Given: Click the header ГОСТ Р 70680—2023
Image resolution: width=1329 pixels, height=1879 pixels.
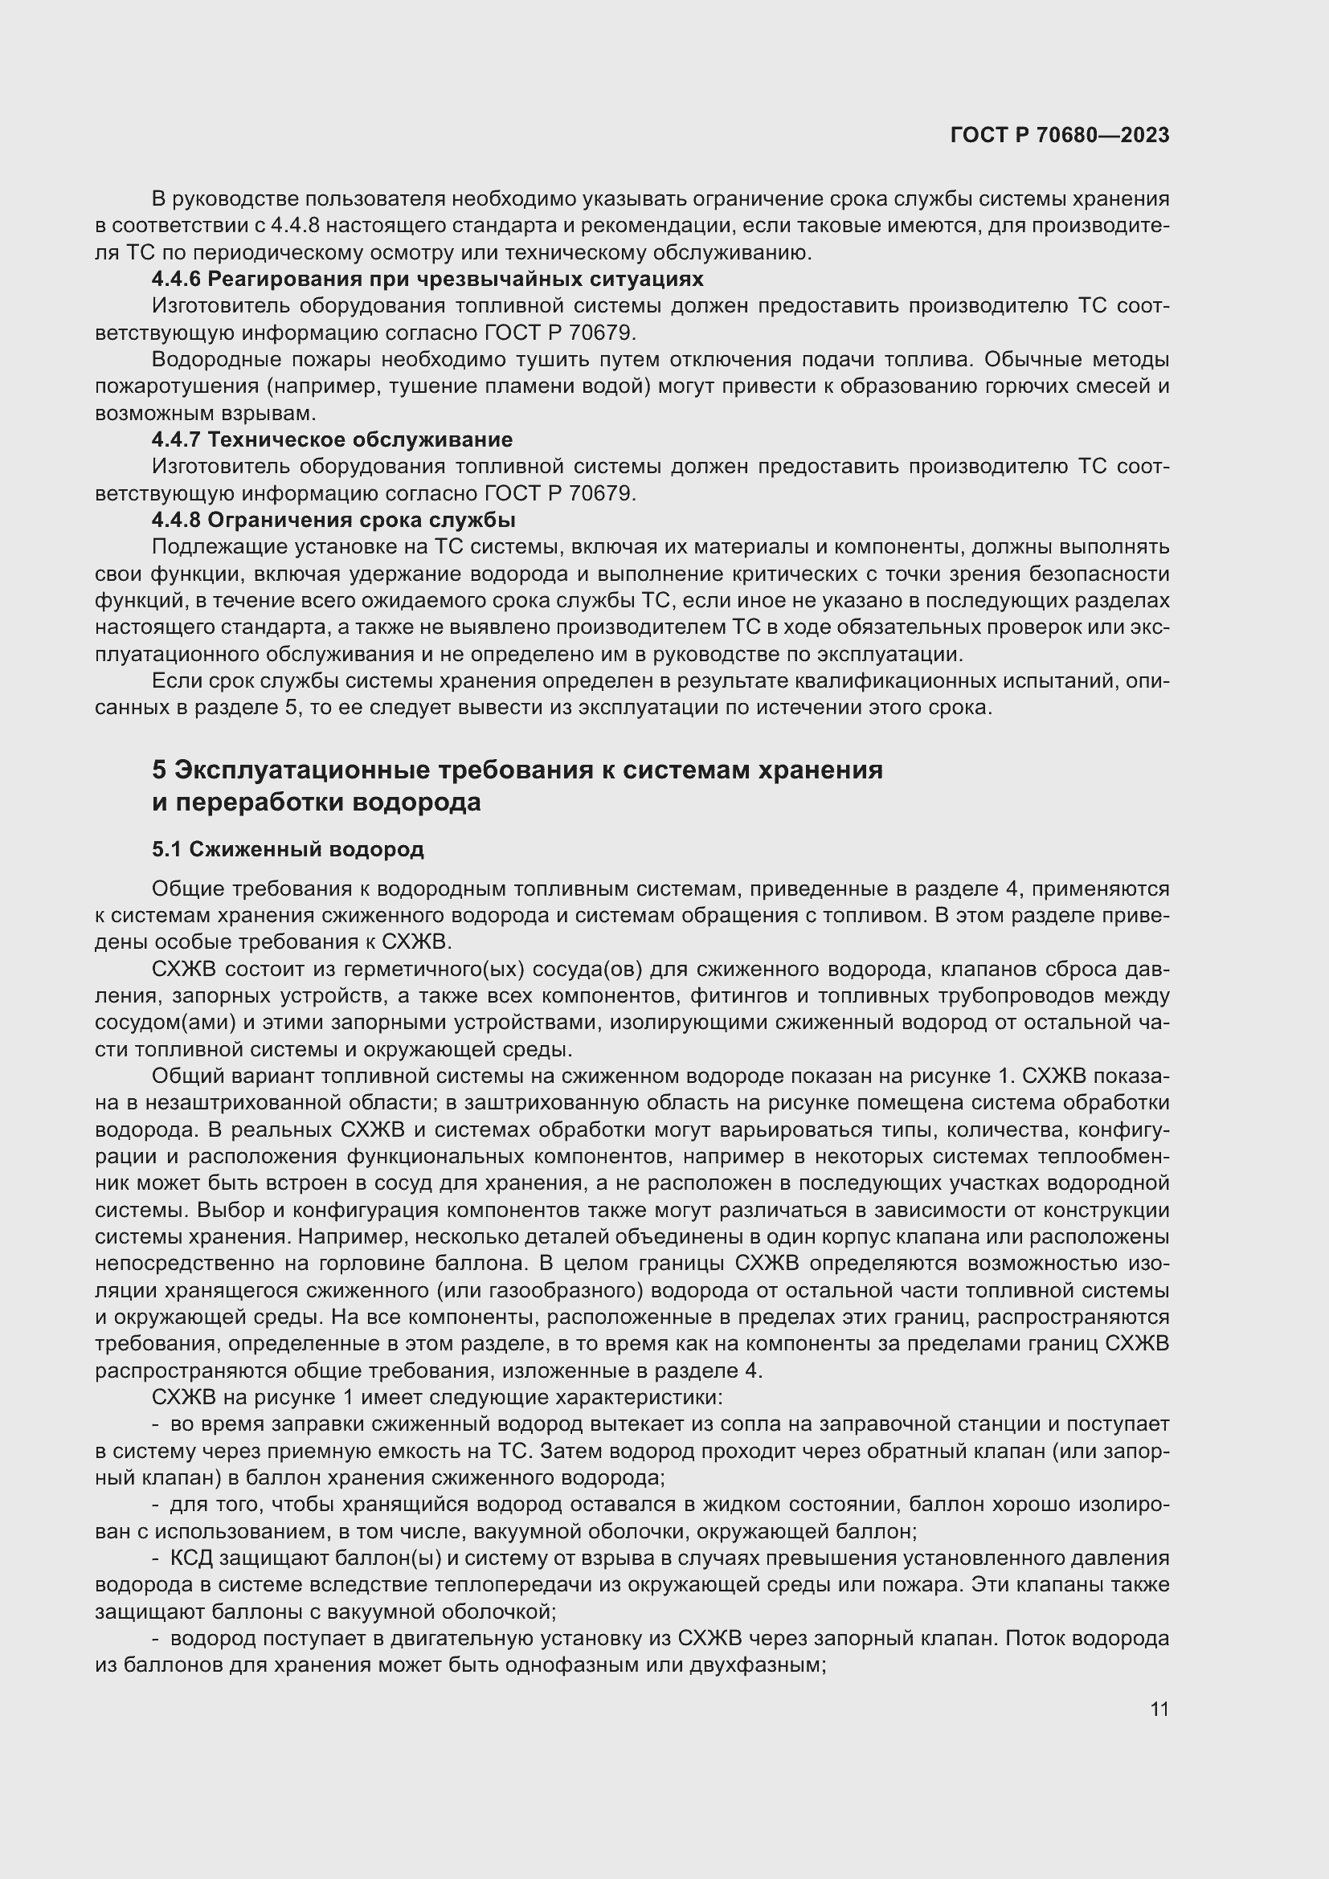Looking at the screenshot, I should click(1060, 135).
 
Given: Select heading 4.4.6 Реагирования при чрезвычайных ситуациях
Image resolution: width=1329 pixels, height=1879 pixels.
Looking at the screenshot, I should click(427, 279).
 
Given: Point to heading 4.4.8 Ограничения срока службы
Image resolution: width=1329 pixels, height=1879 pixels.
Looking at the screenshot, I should click(333, 520).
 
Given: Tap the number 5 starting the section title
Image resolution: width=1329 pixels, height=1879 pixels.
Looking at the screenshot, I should click(159, 770).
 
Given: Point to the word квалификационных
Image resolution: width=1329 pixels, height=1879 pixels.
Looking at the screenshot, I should click(886, 681).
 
